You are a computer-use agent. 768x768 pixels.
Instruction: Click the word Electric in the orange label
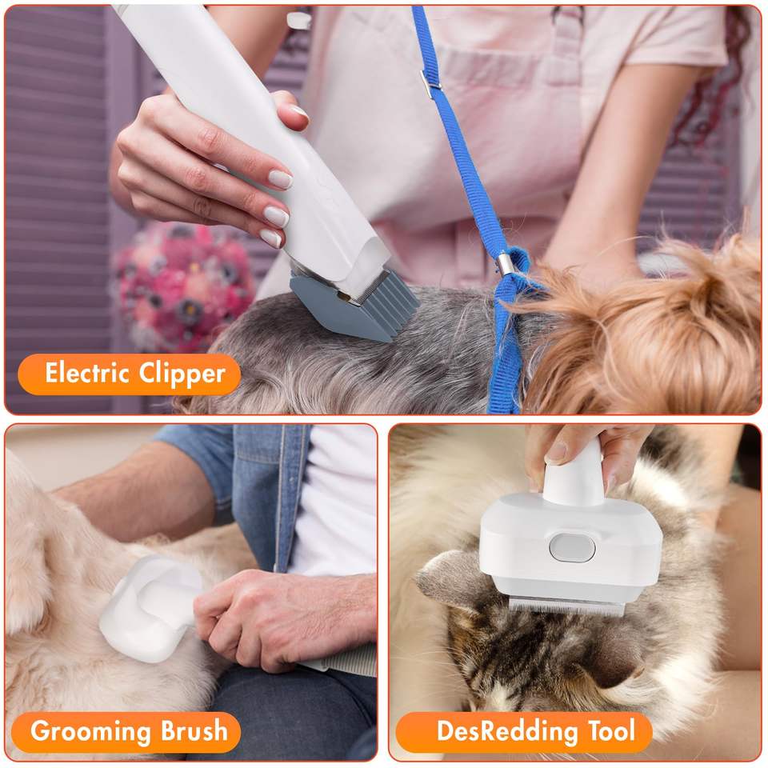(x=86, y=373)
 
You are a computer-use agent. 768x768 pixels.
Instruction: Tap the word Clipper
(x=182, y=374)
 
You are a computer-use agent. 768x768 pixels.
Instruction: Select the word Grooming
(x=90, y=732)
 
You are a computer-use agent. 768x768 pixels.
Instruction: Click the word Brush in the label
(x=194, y=730)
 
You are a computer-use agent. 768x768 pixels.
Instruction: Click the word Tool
(x=611, y=730)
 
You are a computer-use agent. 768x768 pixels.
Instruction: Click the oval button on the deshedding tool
(x=572, y=547)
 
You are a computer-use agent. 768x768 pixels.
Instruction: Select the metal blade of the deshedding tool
(x=566, y=607)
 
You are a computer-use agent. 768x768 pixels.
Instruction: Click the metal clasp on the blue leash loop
(x=506, y=263)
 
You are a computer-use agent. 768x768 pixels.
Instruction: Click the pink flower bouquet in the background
(x=184, y=278)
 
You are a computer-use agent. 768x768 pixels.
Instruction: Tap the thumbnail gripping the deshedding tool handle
(x=556, y=452)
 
